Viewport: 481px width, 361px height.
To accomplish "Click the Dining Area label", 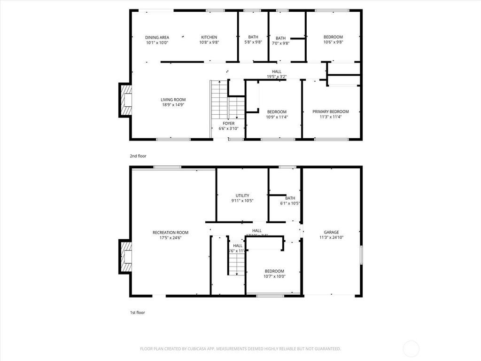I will tap(157, 38).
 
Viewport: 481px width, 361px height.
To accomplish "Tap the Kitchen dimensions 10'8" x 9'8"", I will tap(209, 42).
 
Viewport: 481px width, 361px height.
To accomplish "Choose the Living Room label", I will tap(173, 100).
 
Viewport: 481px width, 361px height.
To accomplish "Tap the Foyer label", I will tap(229, 124).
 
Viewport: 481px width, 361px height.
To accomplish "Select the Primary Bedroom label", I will tap(331, 112).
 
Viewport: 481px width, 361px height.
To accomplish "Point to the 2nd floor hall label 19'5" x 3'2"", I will tap(277, 74).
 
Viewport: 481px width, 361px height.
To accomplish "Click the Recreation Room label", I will tap(170, 232).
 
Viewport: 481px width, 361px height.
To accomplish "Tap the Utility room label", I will tap(242, 196).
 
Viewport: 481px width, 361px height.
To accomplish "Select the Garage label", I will tap(331, 232).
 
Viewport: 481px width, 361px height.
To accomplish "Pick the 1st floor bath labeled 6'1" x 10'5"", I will tap(290, 201).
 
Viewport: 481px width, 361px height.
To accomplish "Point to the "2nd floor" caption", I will tap(138, 156).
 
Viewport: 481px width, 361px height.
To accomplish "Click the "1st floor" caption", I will tap(138, 312).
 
